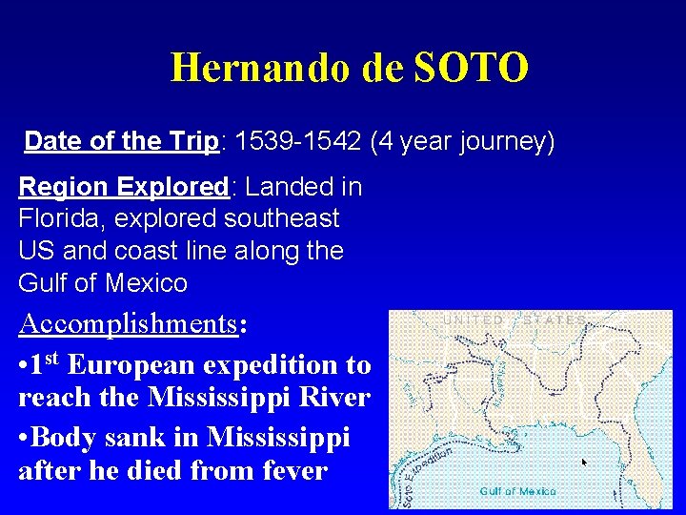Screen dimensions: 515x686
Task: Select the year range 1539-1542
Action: [x=297, y=141]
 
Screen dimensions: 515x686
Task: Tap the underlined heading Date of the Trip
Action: [x=122, y=141]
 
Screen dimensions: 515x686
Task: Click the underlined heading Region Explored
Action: [x=123, y=186]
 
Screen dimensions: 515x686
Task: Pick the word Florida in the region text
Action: [x=61, y=218]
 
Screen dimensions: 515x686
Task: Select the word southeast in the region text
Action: [x=281, y=218]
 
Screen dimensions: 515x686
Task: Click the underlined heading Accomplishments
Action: [x=128, y=323]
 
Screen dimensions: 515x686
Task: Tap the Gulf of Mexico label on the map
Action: [x=517, y=491]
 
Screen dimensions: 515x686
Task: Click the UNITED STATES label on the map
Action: [x=515, y=320]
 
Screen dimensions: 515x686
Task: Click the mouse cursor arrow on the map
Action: [x=585, y=463]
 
